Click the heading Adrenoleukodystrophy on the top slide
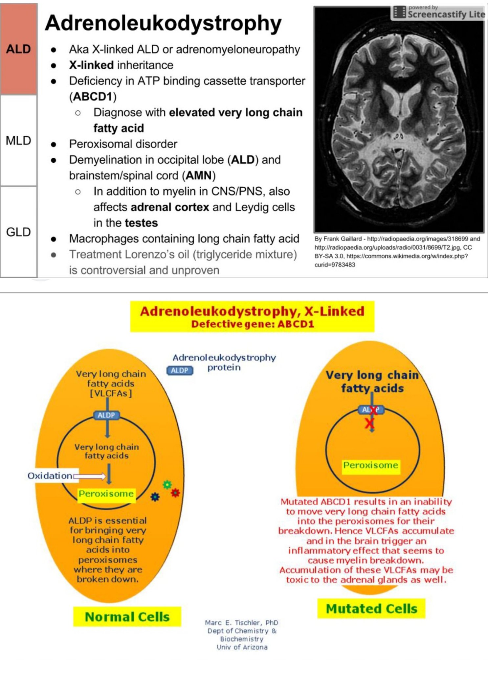163,23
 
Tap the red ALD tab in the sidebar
18,49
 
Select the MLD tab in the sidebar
18,141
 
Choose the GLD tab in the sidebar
18,232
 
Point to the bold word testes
142,223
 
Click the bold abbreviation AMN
199,175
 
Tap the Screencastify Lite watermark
439,12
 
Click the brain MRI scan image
399,120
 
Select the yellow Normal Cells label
127,617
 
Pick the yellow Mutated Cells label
371,609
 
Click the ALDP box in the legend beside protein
180,370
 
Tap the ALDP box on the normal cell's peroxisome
106,415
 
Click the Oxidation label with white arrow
50,476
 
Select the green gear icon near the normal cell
167,484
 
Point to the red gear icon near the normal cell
175,493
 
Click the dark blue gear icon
155,497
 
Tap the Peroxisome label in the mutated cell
371,465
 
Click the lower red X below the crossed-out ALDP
370,424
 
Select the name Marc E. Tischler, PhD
241,623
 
